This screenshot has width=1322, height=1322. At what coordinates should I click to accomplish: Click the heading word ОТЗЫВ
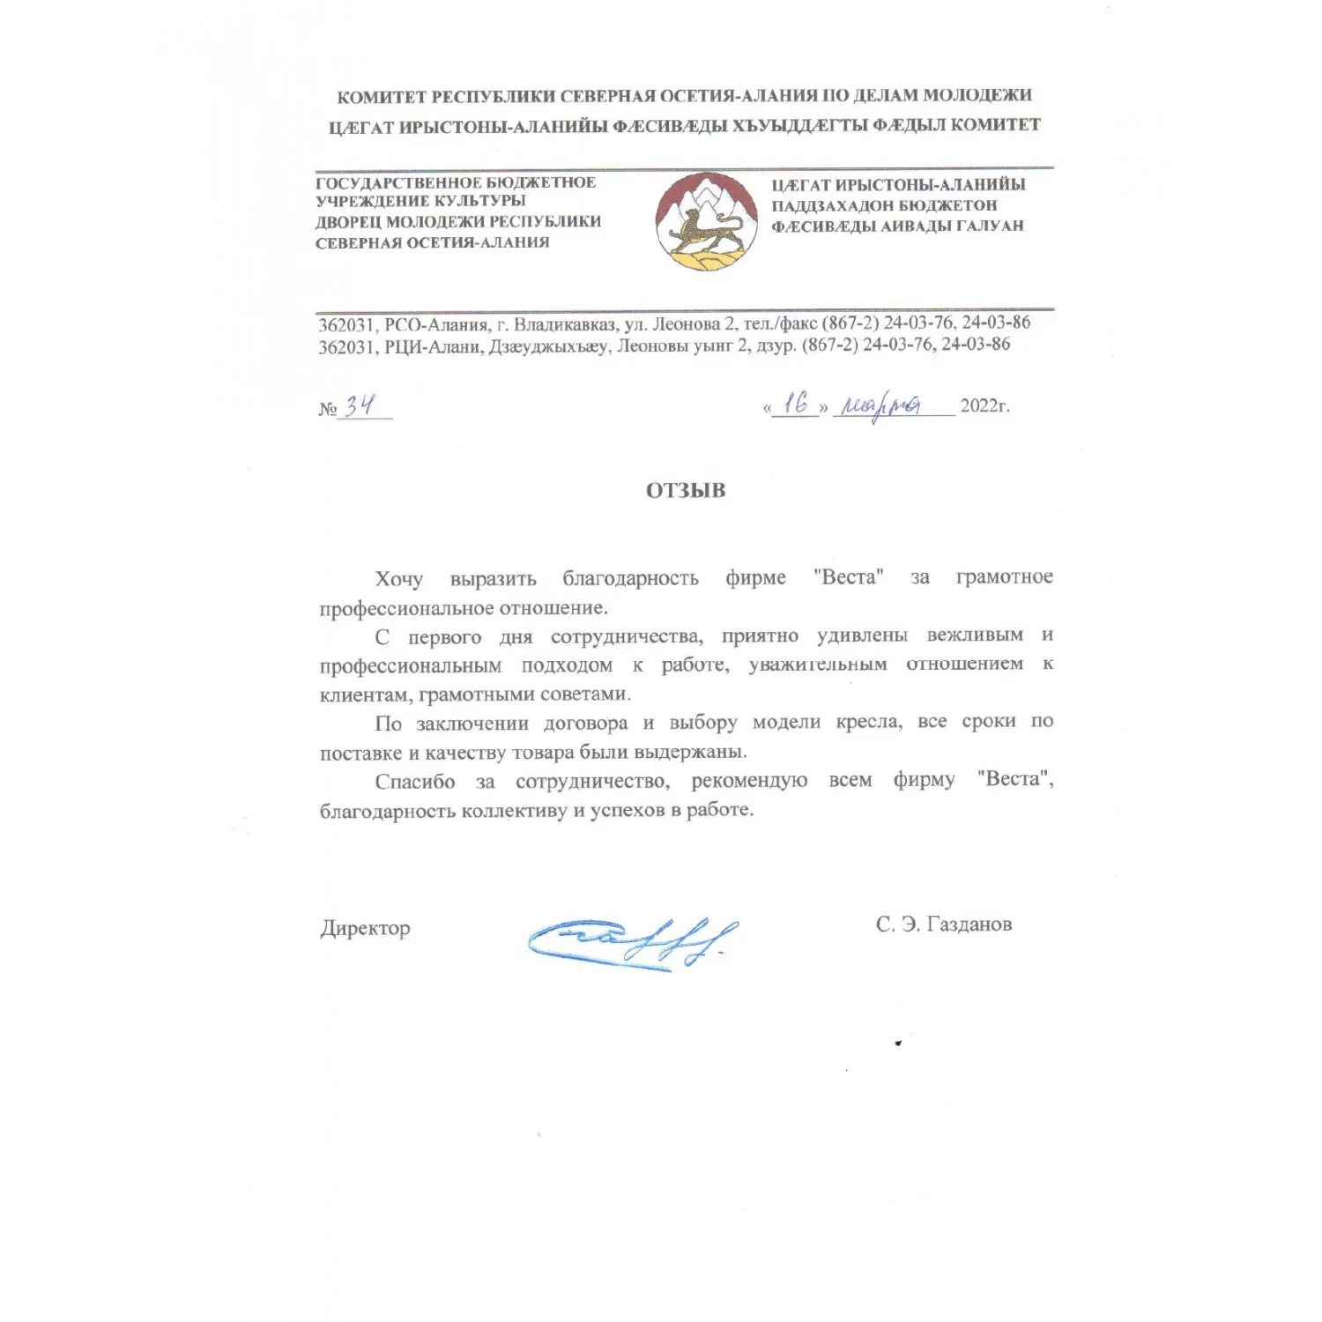coord(685,491)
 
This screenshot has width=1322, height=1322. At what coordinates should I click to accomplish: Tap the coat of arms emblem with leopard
coord(706,221)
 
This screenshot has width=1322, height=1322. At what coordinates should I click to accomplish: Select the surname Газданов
coord(969,925)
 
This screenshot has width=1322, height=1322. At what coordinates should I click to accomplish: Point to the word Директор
coord(365,928)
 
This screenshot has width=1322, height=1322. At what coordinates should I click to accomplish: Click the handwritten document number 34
coord(360,405)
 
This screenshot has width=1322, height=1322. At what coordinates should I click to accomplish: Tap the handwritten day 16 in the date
coord(795,404)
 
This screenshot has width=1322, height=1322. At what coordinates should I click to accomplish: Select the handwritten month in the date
coord(881,406)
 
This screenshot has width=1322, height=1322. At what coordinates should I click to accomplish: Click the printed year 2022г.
coord(984,406)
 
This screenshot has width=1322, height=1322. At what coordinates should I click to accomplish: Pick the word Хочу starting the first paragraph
coord(398,579)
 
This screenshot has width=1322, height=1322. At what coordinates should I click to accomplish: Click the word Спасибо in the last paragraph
coord(414,782)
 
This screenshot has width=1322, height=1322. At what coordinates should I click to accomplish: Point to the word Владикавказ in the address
coord(565,323)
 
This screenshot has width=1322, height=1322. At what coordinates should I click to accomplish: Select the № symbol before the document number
coord(327,409)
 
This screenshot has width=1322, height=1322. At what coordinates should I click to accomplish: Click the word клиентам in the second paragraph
coord(364,694)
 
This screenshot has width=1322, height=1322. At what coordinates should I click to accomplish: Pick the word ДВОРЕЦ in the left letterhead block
coord(347,222)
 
